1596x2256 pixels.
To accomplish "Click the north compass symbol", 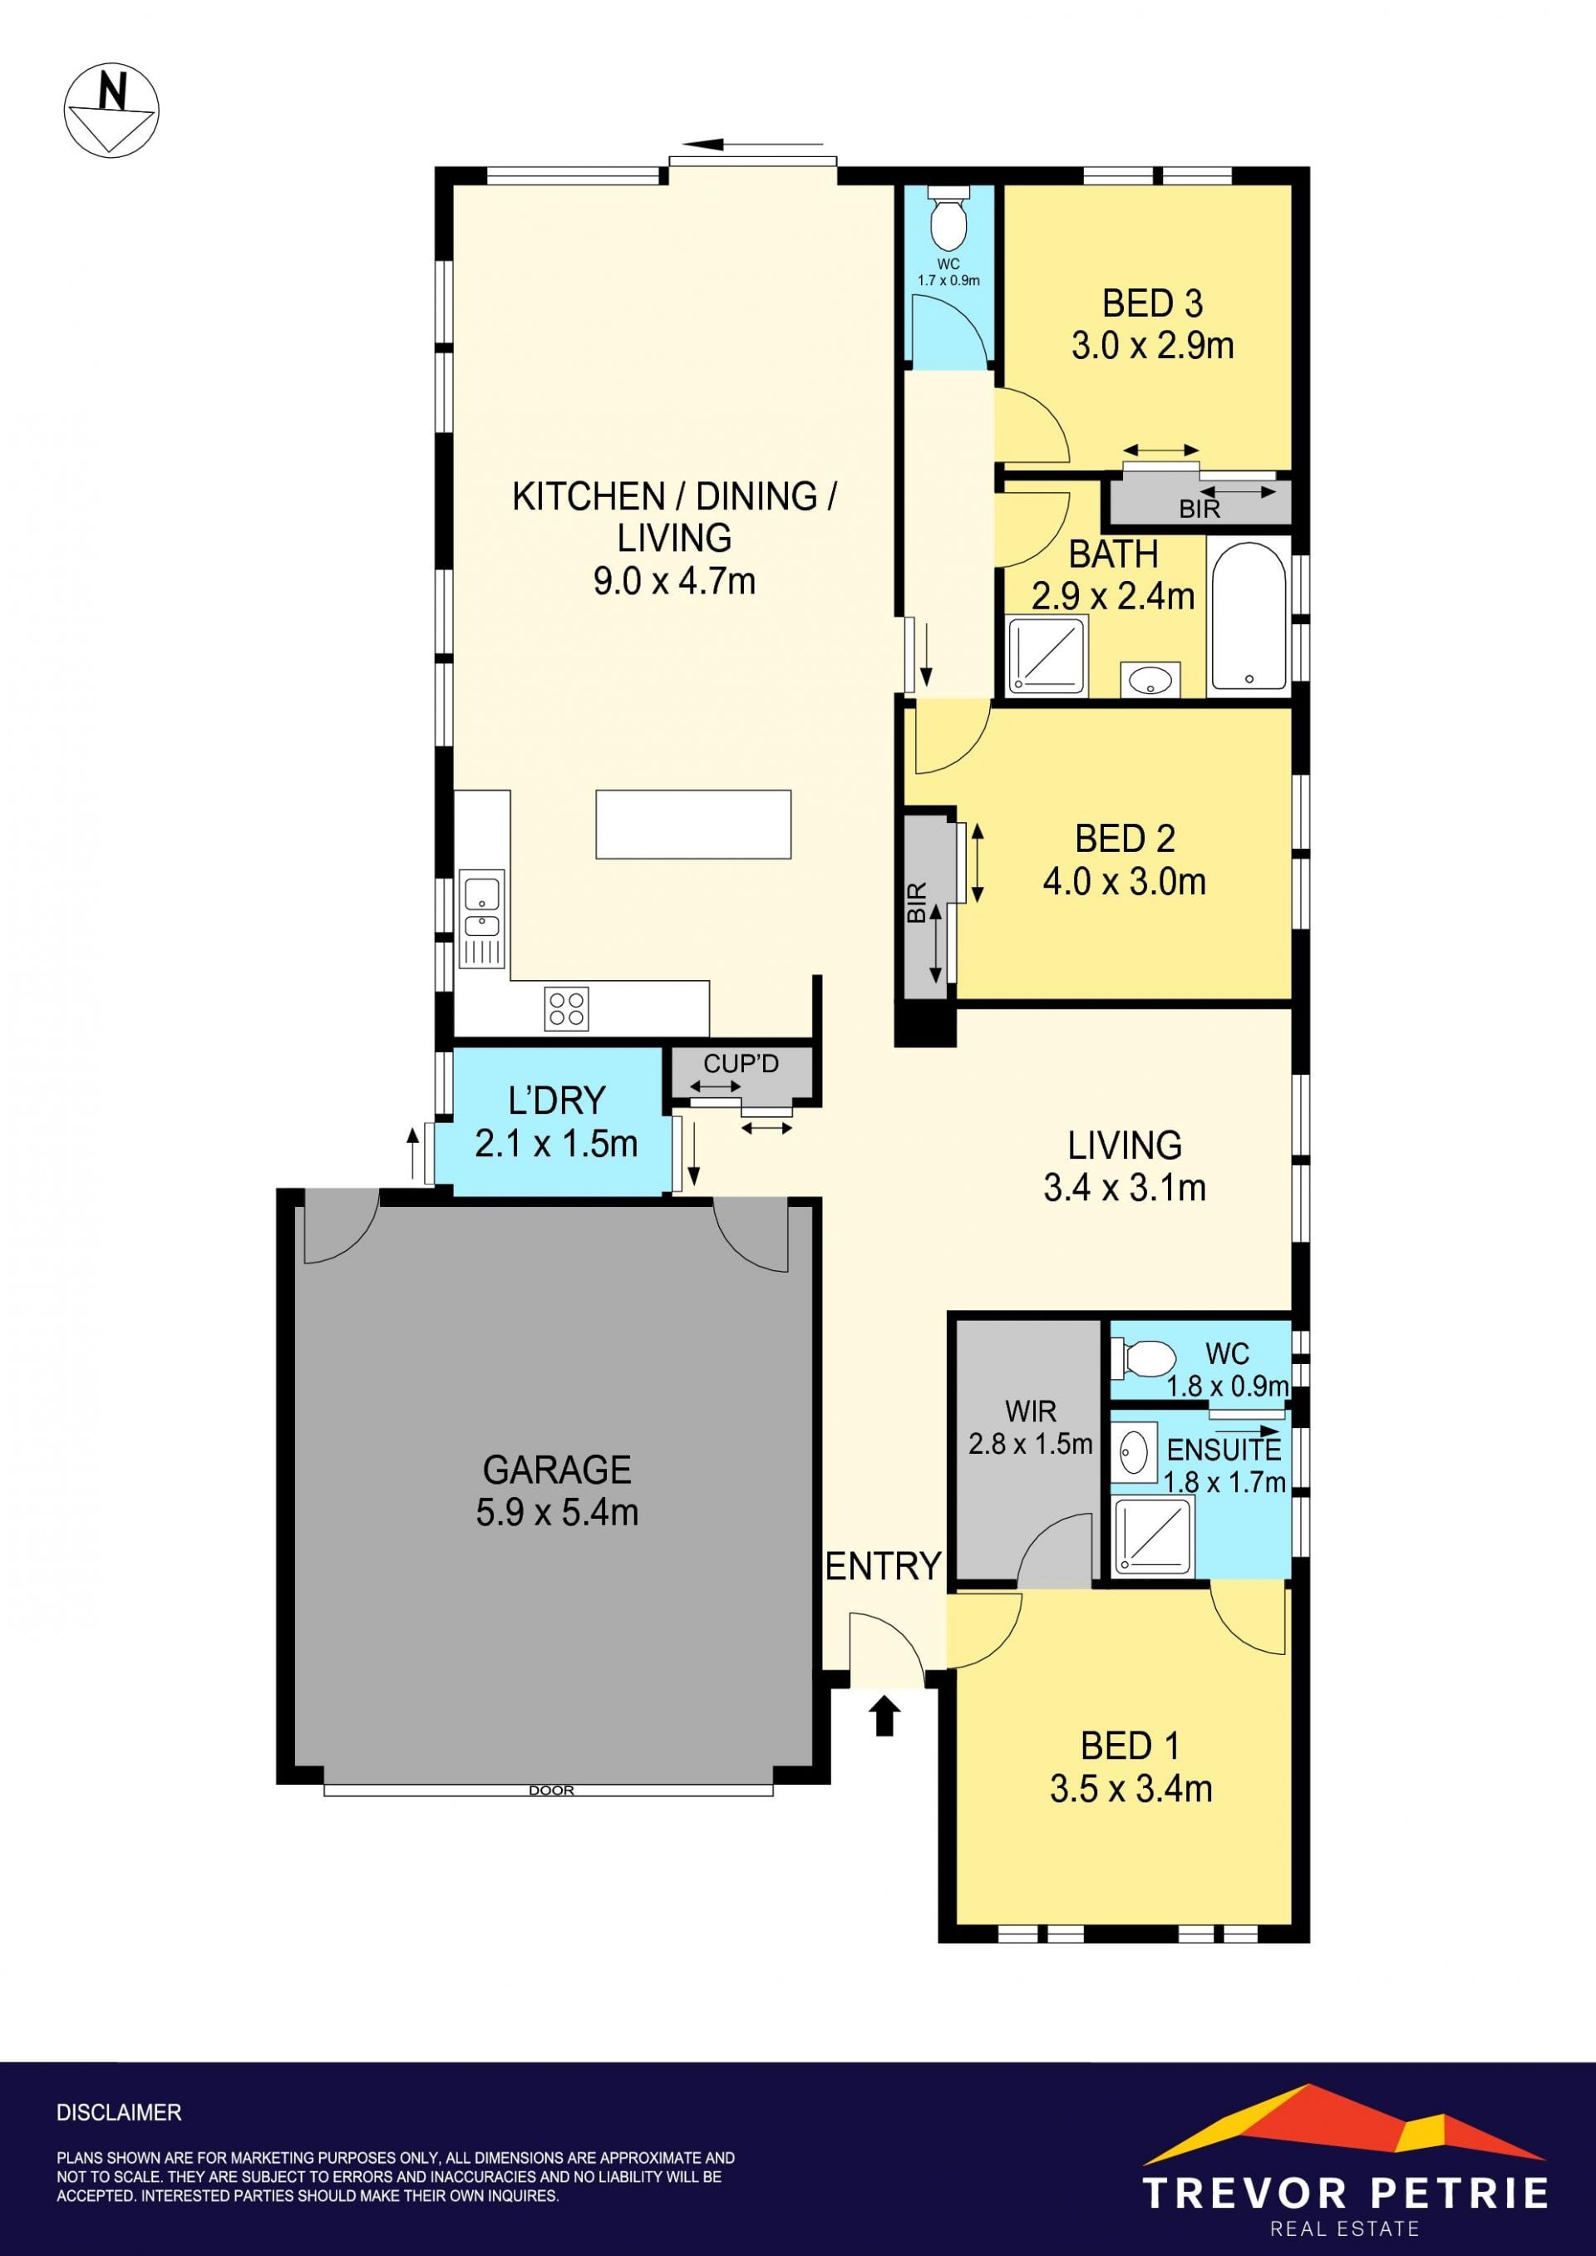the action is (x=111, y=109).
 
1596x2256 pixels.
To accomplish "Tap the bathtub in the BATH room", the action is (x=1248, y=615).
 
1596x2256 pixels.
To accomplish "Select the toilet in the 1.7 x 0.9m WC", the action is (x=948, y=218).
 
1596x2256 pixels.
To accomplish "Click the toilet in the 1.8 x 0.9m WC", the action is (x=1143, y=1360).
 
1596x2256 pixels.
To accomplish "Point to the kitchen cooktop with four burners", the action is (x=567, y=1008).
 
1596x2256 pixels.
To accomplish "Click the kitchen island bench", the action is (x=692, y=825).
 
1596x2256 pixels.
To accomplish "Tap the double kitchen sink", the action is (x=481, y=919).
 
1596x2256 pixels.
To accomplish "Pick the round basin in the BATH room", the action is (x=1150, y=679).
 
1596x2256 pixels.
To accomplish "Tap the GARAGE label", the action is (x=557, y=1469).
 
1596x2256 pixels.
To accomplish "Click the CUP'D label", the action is (x=741, y=1063).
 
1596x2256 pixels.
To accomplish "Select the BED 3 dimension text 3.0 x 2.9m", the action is (x=1153, y=346).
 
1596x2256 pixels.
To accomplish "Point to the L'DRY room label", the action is (x=556, y=1101).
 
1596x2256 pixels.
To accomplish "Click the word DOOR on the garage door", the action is (x=551, y=1791).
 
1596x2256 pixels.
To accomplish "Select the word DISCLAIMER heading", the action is (x=119, y=2111).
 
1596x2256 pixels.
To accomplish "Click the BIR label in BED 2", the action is (x=917, y=903).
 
